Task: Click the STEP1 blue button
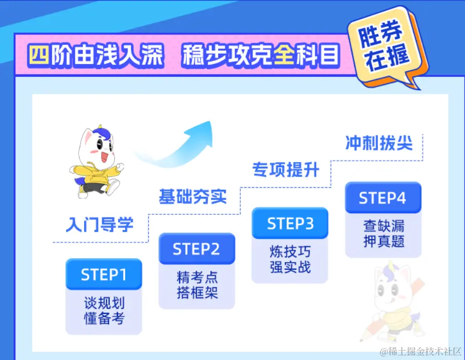point(104,274)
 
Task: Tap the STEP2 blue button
point(197,249)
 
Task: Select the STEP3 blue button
point(289,223)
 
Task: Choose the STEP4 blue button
point(383,197)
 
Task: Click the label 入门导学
point(100,224)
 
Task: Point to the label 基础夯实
point(192,196)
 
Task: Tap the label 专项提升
point(285,169)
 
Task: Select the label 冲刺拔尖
point(379,143)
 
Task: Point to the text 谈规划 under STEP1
point(104,302)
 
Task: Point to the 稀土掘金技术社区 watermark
point(420,351)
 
